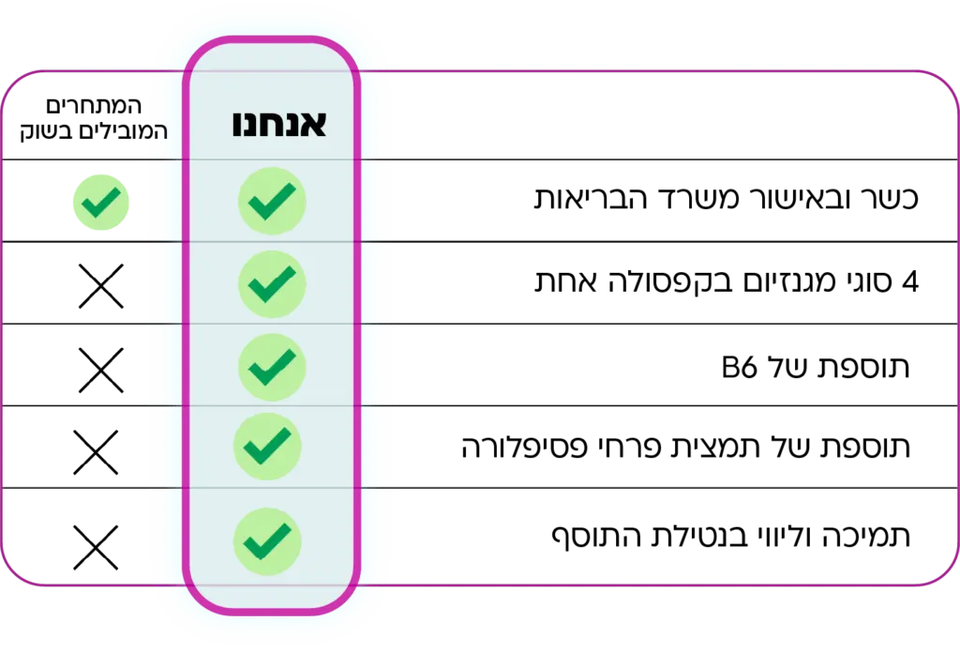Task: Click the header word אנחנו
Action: [x=278, y=125]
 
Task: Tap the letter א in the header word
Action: [x=313, y=125]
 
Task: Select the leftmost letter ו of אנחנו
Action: [x=238, y=125]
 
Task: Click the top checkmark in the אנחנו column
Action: [x=272, y=200]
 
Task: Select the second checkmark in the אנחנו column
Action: [x=272, y=282]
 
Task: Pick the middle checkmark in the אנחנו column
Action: [x=272, y=366]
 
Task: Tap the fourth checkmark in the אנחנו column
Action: [x=268, y=447]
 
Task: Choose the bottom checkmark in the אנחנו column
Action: [x=268, y=540]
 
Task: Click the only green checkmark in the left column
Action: [x=101, y=202]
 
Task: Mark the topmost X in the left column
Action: [x=100, y=286]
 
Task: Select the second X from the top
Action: [x=100, y=370]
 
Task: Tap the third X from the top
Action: [x=96, y=452]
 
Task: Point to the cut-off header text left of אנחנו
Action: [x=157, y=131]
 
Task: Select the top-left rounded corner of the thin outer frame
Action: [x=13, y=84]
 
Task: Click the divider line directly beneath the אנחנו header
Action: [x=272, y=159]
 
